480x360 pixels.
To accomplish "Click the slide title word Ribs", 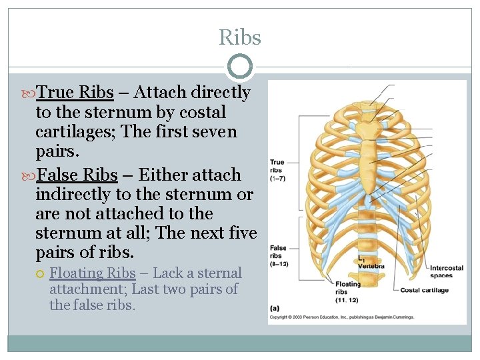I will (240, 37).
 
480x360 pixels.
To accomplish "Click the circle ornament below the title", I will (240, 67).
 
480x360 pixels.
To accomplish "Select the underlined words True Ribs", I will (75, 92).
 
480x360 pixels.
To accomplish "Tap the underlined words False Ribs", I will (78, 175).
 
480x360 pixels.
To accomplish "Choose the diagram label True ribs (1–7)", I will (277, 170).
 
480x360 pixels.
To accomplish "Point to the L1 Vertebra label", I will (370, 262).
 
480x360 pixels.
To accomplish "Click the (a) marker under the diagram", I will (275, 308).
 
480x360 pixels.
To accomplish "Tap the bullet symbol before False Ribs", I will (29, 175).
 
